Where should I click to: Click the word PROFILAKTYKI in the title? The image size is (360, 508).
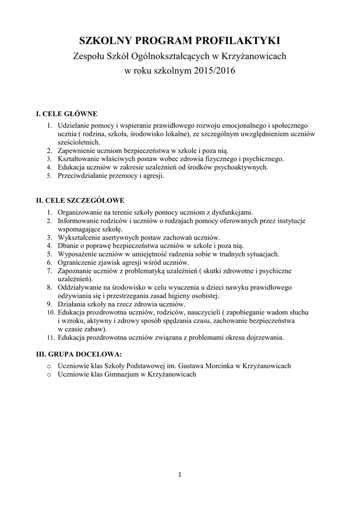point(239,39)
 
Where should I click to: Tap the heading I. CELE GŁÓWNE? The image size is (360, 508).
point(67,114)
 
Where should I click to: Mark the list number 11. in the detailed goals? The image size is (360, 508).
point(50,338)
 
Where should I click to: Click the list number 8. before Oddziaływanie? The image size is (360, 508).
point(50,287)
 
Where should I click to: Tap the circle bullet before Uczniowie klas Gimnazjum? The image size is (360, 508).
point(49,375)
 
